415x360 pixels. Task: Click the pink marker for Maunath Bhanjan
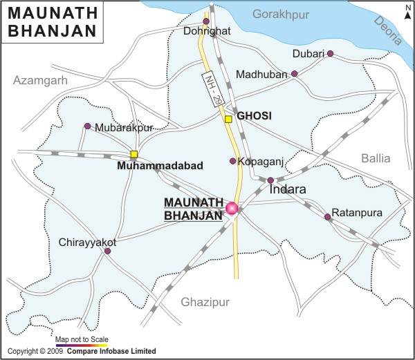(232, 208)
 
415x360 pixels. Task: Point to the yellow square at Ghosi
(228, 119)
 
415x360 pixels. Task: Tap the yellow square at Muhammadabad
(134, 154)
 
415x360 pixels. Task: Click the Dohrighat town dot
(205, 21)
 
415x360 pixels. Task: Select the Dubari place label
(307, 54)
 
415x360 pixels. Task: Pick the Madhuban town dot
(294, 73)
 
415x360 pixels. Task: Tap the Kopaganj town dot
(232, 161)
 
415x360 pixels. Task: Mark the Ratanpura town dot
(327, 217)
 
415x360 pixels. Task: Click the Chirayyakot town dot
(107, 251)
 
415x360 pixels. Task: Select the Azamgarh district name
(41, 81)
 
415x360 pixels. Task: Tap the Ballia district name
(376, 158)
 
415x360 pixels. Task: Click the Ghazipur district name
(204, 302)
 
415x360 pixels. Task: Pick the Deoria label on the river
(387, 31)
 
